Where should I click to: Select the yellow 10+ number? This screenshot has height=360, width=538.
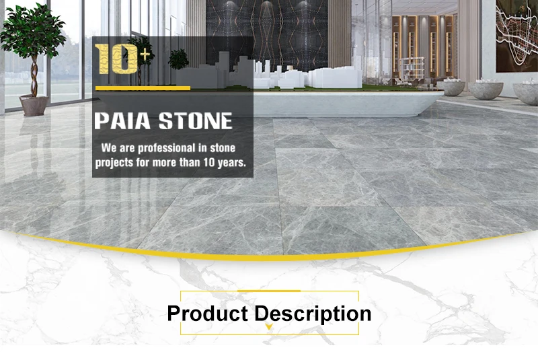(x=116, y=59)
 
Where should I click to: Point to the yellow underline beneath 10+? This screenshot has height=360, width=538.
(x=142, y=88)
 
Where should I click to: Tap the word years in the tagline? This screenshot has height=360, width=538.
(x=227, y=162)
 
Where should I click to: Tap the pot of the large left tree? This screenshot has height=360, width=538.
(x=34, y=104)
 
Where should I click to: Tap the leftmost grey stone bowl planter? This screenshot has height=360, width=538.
(x=451, y=87)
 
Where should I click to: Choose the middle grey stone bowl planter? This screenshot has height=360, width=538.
(x=486, y=89)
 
